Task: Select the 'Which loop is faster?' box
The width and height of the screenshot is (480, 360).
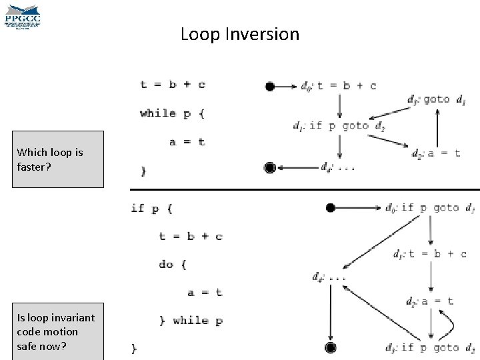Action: [61, 159]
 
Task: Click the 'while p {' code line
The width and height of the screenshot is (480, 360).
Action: [172, 113]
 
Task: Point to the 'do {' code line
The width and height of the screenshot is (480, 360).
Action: [173, 264]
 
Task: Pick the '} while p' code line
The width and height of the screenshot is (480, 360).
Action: [191, 321]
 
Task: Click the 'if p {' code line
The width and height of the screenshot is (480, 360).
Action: [151, 208]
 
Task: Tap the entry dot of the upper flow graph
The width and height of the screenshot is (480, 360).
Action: [269, 86]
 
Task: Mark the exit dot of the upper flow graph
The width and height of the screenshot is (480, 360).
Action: [269, 167]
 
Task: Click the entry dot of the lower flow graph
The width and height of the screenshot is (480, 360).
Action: [330, 207]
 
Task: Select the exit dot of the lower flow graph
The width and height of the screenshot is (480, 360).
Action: [329, 347]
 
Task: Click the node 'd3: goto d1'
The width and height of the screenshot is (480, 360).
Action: [437, 100]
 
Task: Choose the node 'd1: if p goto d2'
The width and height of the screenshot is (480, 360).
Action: [339, 125]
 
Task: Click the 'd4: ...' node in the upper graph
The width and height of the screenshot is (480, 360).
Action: [337, 167]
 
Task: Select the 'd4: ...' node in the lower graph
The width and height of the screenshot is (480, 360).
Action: [329, 277]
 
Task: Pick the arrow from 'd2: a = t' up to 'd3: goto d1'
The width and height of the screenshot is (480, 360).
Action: [437, 127]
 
